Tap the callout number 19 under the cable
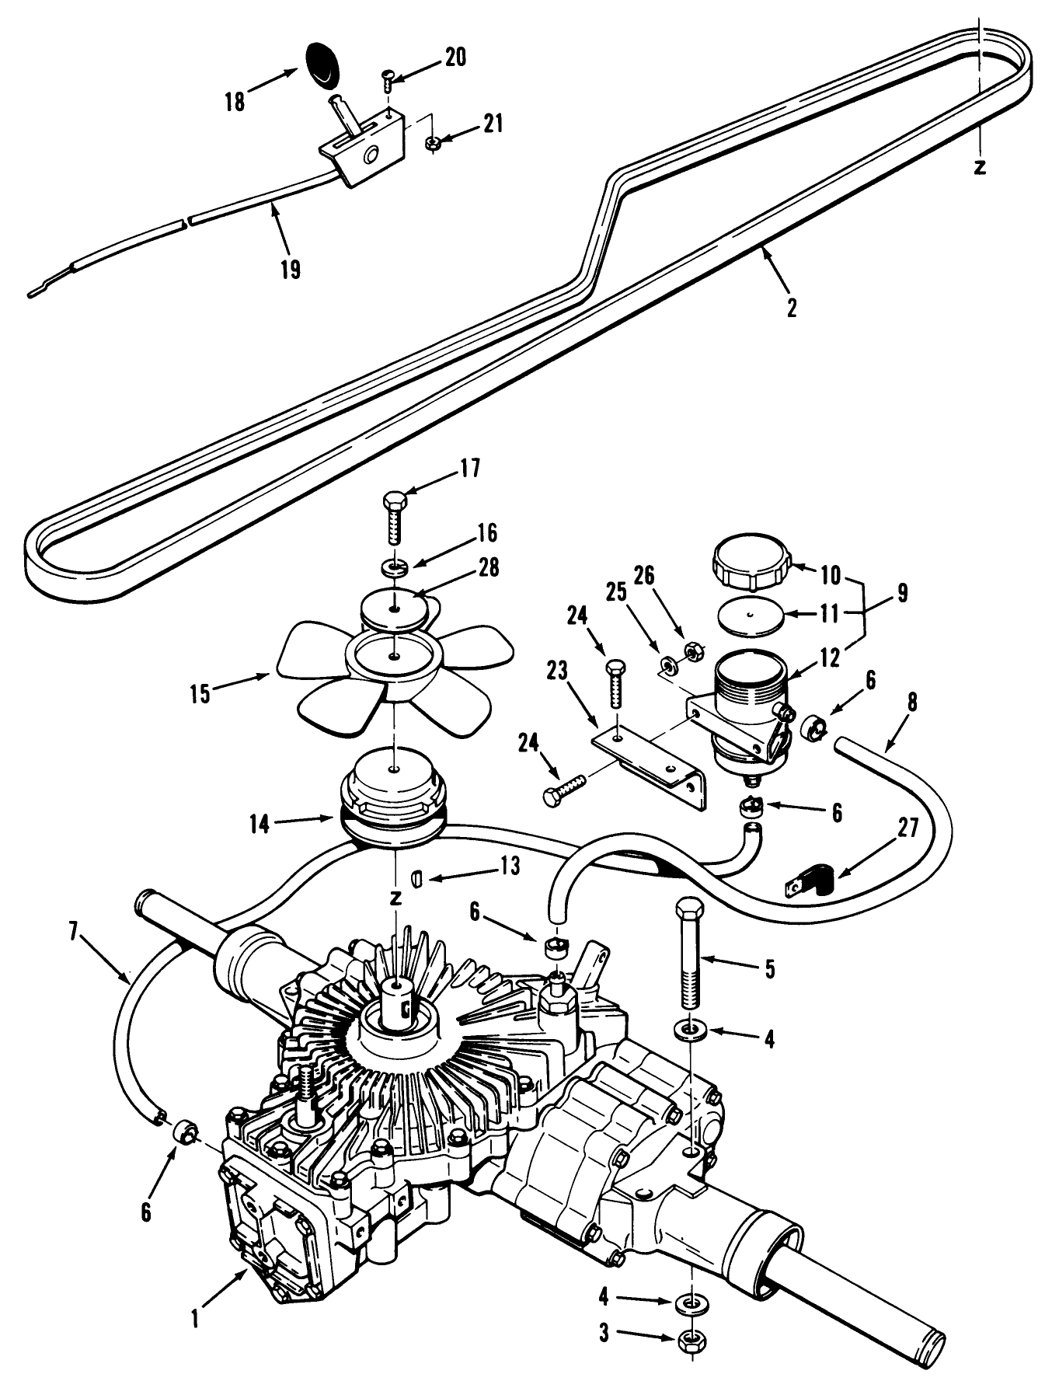(291, 270)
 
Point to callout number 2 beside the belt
(791, 309)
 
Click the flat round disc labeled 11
(750, 615)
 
